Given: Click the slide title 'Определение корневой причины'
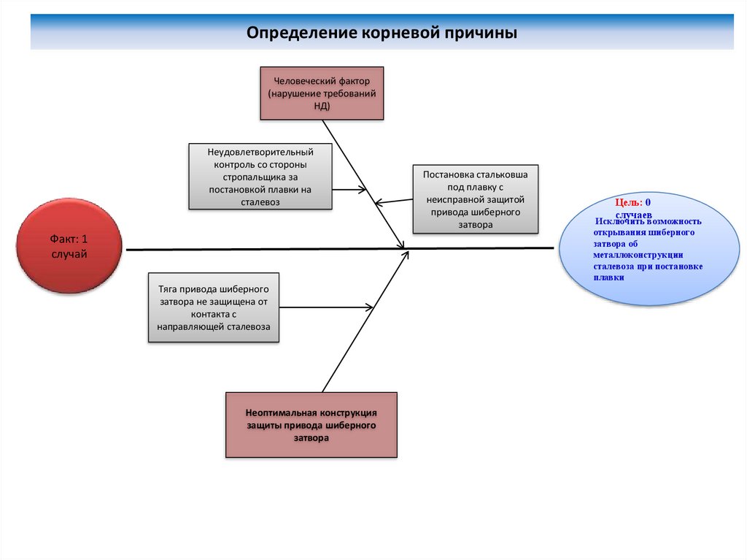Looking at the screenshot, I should pyautogui.click(x=382, y=33).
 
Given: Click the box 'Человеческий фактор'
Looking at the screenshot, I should pyautogui.click(x=322, y=93).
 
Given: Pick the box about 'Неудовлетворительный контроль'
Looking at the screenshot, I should pyautogui.click(x=260, y=177).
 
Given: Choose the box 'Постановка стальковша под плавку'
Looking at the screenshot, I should pyautogui.click(x=475, y=199).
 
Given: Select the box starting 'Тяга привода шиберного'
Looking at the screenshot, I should pyautogui.click(x=214, y=307).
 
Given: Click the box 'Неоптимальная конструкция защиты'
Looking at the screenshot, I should pyautogui.click(x=311, y=425).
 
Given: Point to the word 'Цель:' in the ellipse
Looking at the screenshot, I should pyautogui.click(x=628, y=202).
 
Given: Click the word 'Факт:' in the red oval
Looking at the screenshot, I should pyautogui.click(x=63, y=239).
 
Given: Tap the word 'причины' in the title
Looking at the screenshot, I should pyautogui.click(x=482, y=33).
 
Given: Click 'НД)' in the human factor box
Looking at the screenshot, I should pyautogui.click(x=322, y=106).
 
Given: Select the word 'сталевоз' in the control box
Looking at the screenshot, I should pyautogui.click(x=260, y=203).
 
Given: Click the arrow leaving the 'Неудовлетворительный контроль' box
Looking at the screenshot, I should pyautogui.click(x=349, y=190).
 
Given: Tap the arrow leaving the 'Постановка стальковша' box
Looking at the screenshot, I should pyautogui.click(x=394, y=201).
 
